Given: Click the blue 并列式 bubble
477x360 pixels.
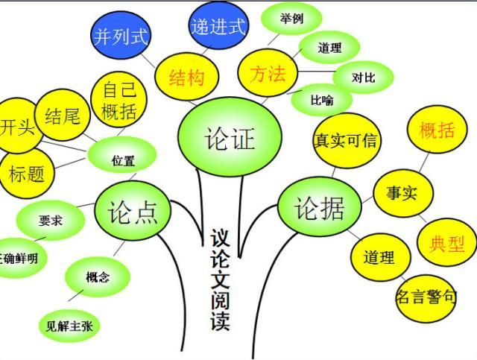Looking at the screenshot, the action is click(121, 35).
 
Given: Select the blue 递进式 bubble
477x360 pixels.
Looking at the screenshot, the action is click(218, 25).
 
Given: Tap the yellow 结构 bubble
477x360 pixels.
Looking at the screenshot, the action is click(187, 77).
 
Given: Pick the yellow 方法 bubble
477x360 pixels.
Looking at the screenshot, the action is click(268, 73).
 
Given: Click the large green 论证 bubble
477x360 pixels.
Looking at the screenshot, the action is click(230, 137).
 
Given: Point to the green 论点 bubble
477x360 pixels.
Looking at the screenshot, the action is click(133, 211).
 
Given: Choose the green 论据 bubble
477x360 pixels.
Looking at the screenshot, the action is click(320, 207).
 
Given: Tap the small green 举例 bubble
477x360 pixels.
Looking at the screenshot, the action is click(291, 19).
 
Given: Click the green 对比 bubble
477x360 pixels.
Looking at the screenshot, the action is click(363, 78).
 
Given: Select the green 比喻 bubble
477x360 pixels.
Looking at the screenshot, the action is click(322, 100).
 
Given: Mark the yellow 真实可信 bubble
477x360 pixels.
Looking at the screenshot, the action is click(347, 140).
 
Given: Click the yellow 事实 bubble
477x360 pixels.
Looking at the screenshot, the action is click(403, 193).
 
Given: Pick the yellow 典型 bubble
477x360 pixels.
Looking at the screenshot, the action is click(446, 242).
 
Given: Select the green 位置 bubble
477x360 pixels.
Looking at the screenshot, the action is click(122, 155).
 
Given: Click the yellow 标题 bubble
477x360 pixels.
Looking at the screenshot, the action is click(26, 174).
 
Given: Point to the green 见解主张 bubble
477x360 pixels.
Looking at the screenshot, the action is click(69, 326).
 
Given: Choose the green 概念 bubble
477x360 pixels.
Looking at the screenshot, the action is click(98, 277).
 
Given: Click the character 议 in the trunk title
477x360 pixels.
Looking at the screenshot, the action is click(220, 238).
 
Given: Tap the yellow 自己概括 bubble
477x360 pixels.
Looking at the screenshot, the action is click(119, 100).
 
